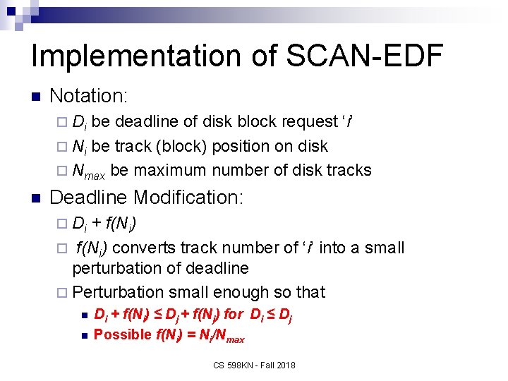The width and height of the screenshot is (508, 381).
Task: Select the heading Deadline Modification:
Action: pos(147,197)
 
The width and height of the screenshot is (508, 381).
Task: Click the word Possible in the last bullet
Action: pos(123,334)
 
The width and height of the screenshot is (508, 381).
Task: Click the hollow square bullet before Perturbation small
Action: pos(62,292)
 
